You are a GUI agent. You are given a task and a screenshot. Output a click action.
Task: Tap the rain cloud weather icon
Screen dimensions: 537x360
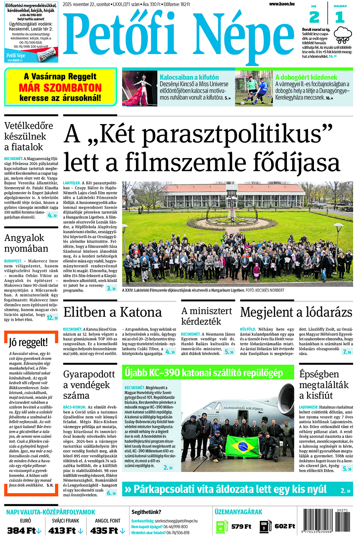tap(343, 35)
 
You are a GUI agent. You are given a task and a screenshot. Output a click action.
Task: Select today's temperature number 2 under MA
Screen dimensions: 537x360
tap(314, 17)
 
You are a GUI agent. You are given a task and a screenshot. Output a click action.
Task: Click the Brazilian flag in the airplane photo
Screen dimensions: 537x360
tap(242, 446)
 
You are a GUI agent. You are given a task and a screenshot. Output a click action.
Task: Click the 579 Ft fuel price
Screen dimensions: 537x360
tap(241, 526)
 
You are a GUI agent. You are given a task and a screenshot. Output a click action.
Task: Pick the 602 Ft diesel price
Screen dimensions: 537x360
tap(284, 526)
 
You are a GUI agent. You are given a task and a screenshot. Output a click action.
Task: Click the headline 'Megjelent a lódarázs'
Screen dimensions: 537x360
tap(296, 312)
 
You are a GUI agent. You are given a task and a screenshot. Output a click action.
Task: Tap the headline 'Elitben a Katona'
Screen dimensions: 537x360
tap(112, 312)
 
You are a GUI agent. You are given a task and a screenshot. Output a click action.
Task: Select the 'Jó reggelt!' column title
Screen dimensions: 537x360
tap(28, 342)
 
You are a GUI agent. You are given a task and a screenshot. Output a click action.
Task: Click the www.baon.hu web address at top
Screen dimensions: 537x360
tap(282, 4)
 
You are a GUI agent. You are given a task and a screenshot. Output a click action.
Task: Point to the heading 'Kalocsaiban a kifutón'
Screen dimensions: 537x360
tap(189, 77)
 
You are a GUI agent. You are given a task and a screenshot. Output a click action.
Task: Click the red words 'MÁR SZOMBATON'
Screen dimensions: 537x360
tap(60, 88)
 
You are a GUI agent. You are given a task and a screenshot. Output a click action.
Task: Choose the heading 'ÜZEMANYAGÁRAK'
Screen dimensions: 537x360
tap(238, 512)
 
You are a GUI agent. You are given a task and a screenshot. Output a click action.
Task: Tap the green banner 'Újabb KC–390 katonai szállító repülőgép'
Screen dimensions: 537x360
tap(208, 373)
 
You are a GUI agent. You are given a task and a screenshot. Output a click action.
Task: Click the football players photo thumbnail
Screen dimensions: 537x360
tap(254, 88)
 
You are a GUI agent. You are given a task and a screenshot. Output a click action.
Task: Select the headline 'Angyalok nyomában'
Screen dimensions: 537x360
tap(26, 243)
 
